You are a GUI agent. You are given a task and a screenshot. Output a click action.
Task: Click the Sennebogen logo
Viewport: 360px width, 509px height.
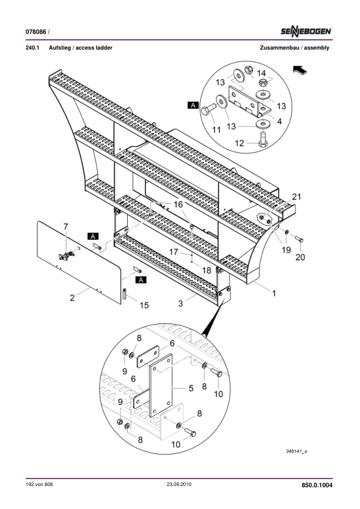click(x=306, y=31)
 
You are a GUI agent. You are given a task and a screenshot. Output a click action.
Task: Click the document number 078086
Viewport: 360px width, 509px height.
click(x=36, y=32)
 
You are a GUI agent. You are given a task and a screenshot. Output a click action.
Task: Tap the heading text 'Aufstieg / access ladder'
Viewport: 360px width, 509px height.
click(x=80, y=48)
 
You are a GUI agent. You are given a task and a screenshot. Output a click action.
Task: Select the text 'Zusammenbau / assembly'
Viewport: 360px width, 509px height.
click(x=295, y=48)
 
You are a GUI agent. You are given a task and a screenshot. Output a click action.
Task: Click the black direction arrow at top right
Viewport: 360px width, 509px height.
click(x=300, y=70)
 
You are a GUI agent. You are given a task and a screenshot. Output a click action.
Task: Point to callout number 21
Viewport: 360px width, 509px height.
click(x=296, y=196)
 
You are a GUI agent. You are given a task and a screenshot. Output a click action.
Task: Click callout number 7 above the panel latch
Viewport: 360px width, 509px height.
click(x=66, y=227)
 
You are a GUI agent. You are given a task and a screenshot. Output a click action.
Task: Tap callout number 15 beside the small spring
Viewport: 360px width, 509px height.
click(x=144, y=305)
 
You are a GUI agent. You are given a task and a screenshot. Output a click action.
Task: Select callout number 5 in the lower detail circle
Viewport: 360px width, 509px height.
click(x=191, y=388)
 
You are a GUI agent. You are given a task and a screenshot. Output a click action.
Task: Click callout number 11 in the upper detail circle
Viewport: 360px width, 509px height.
click(x=217, y=130)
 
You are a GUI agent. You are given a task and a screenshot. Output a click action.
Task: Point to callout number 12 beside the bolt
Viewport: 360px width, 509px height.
click(x=239, y=143)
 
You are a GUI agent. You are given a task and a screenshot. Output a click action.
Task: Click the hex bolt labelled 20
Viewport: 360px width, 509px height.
click(x=299, y=239)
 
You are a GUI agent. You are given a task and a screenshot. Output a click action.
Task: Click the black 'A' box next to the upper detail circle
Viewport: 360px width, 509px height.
click(x=194, y=105)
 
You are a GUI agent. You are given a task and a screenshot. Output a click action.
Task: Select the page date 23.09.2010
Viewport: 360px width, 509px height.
click(x=179, y=484)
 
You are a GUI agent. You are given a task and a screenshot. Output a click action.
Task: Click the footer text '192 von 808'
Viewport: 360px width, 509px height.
click(x=39, y=484)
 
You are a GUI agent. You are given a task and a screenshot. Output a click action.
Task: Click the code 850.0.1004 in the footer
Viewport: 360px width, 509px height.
click(x=317, y=485)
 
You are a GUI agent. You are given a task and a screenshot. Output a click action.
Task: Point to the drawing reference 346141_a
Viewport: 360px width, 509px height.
click(x=296, y=451)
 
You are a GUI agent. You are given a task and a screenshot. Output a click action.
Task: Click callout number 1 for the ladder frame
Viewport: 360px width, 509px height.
click(x=274, y=293)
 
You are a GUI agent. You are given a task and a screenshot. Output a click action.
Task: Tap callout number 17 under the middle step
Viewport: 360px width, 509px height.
click(x=174, y=251)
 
